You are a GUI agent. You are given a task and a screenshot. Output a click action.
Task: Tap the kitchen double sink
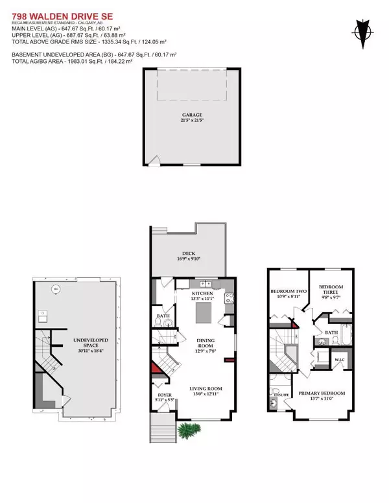206,284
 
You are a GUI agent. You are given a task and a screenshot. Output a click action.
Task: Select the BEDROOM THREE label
329,291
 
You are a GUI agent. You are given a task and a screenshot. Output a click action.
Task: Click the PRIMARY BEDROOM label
321,395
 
